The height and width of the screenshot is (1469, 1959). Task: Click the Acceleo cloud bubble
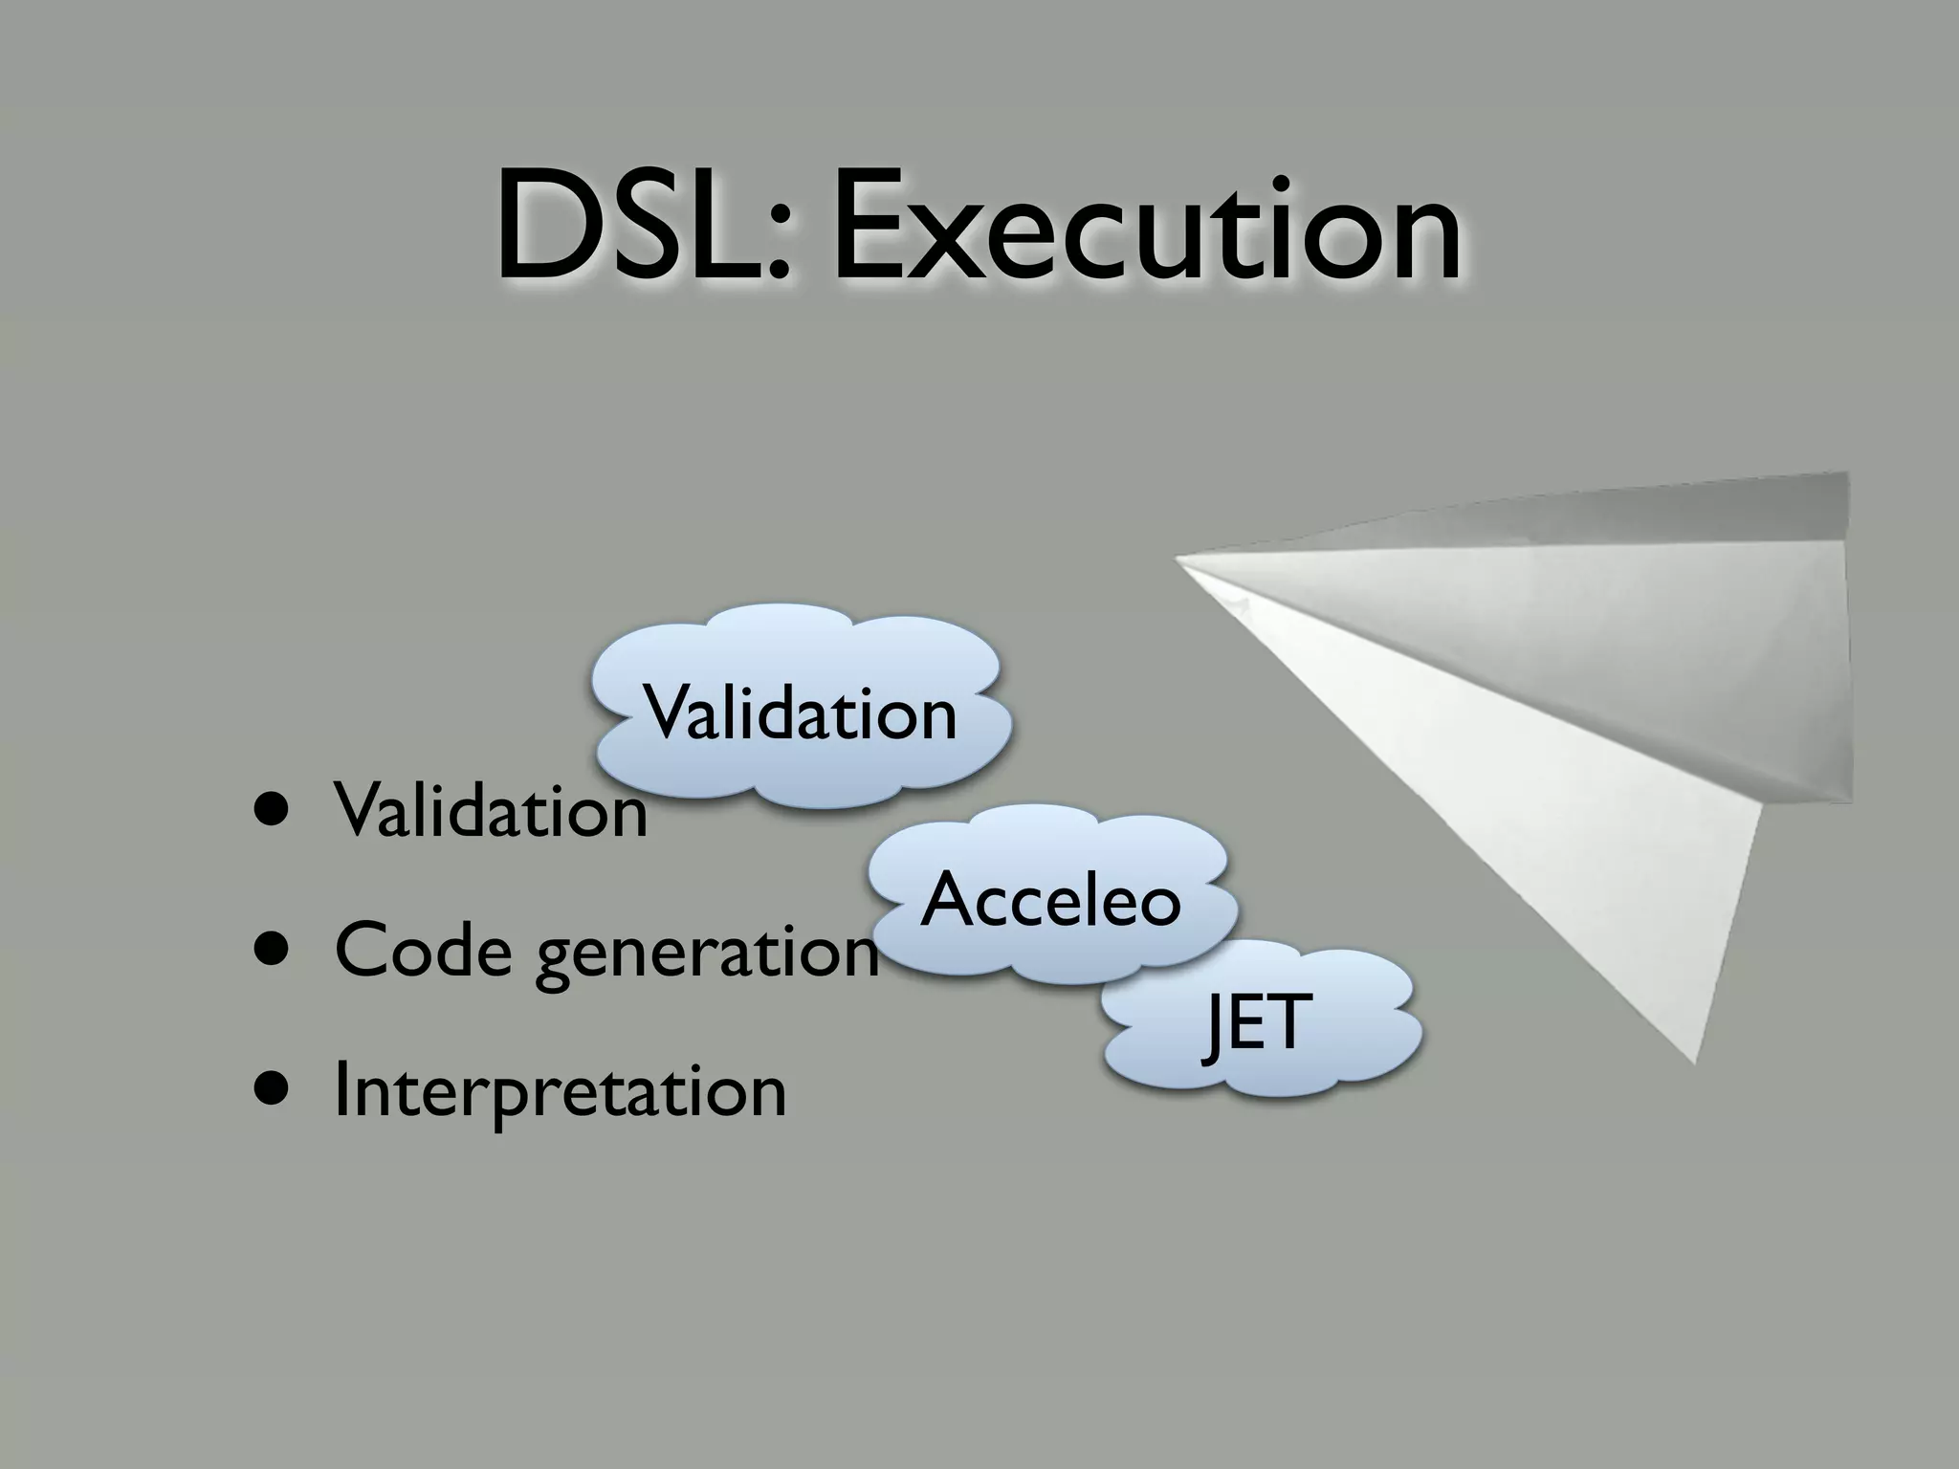pos(1051,899)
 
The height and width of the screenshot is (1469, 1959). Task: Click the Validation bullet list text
pos(491,811)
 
